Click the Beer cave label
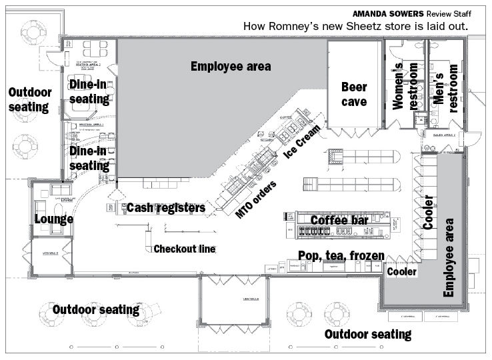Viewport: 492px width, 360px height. pos(354,95)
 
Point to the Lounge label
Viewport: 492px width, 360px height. pos(54,219)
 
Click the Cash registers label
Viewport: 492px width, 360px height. pos(166,208)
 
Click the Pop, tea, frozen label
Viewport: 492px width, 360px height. pos(341,255)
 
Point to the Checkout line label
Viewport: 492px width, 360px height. pos(185,249)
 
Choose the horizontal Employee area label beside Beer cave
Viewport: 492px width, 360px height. pos(231,66)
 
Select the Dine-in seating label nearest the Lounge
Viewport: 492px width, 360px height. pos(89,159)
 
